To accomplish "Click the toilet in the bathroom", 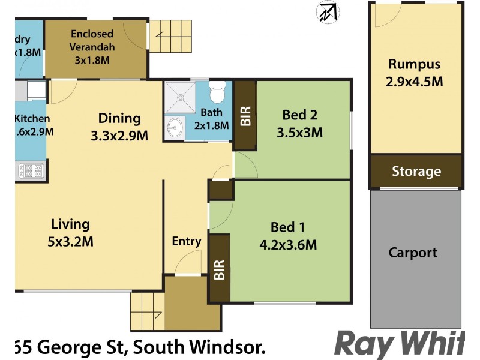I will pyautogui.click(x=217, y=94).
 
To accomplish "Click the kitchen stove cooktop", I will pyautogui.click(x=31, y=172).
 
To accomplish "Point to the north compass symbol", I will pyautogui.click(x=328, y=11).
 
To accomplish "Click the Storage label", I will pyautogui.click(x=416, y=172).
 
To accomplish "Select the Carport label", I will pyautogui.click(x=413, y=253).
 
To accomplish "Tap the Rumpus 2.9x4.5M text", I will pyautogui.click(x=415, y=73).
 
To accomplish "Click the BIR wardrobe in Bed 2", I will pyautogui.click(x=245, y=115).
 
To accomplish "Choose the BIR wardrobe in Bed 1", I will pyautogui.click(x=219, y=268).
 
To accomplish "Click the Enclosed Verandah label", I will pyautogui.click(x=92, y=46).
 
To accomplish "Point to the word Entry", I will pyautogui.click(x=186, y=241).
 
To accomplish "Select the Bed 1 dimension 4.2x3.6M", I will pyautogui.click(x=288, y=244).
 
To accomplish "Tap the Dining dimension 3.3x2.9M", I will pyautogui.click(x=119, y=136).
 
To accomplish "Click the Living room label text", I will pyautogui.click(x=70, y=224).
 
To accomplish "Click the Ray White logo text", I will pyautogui.click(x=399, y=343).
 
